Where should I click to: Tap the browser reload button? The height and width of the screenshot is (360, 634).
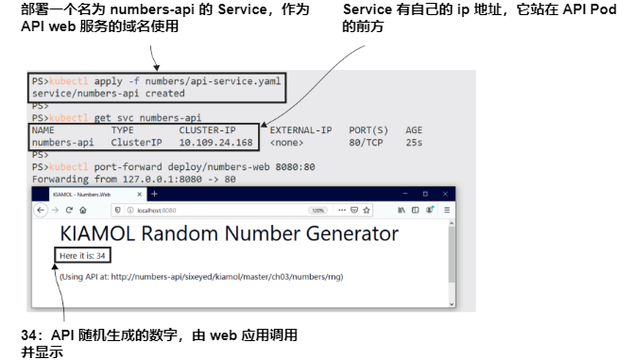pyautogui.click(x=69, y=210)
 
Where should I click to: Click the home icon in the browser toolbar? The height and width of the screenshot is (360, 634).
pyautogui.click(x=84, y=210)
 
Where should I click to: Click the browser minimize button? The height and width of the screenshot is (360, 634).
pyautogui.click(x=401, y=193)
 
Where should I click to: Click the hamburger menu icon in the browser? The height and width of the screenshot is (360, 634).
pyautogui.click(x=448, y=210)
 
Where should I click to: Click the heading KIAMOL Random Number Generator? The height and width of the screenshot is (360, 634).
pyautogui.click(x=229, y=233)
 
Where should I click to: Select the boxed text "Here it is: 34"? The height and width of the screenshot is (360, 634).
pyautogui.click(x=83, y=255)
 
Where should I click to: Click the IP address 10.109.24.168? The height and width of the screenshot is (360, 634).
pyautogui.click(x=215, y=143)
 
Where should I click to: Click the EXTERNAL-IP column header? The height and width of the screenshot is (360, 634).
pyautogui.click(x=300, y=130)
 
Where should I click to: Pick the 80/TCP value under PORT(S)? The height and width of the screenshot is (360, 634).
pyautogui.click(x=367, y=143)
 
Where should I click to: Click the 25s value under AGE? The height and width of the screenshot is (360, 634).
pyautogui.click(x=413, y=143)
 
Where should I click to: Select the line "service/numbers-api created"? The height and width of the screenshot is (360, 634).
pyautogui.click(x=94, y=94)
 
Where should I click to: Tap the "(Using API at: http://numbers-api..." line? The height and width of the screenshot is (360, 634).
pyautogui.click(x=200, y=277)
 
